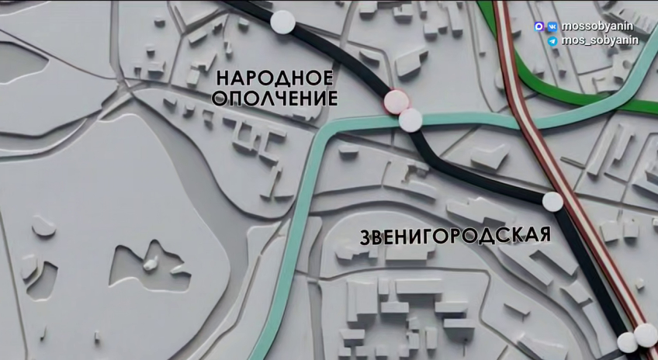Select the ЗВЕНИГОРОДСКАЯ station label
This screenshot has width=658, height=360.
pyautogui.click(x=455, y=236)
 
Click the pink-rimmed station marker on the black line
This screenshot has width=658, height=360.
pyautogui.click(x=396, y=101)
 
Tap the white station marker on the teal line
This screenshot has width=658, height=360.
pyautogui.click(x=410, y=120)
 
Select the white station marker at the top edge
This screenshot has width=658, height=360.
pyautogui.click(x=282, y=22)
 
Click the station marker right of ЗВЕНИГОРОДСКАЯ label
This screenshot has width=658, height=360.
pyautogui.click(x=552, y=202)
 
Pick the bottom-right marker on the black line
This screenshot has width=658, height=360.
pyautogui.click(x=627, y=342)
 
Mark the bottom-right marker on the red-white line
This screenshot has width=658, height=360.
pyautogui.click(x=646, y=335)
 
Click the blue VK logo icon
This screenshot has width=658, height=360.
pyautogui.click(x=552, y=26)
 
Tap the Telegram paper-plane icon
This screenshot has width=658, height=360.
pyautogui.click(x=552, y=41)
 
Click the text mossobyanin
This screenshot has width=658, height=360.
pyautogui.click(x=596, y=26)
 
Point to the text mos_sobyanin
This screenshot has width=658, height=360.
pyautogui.click(x=597, y=40)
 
